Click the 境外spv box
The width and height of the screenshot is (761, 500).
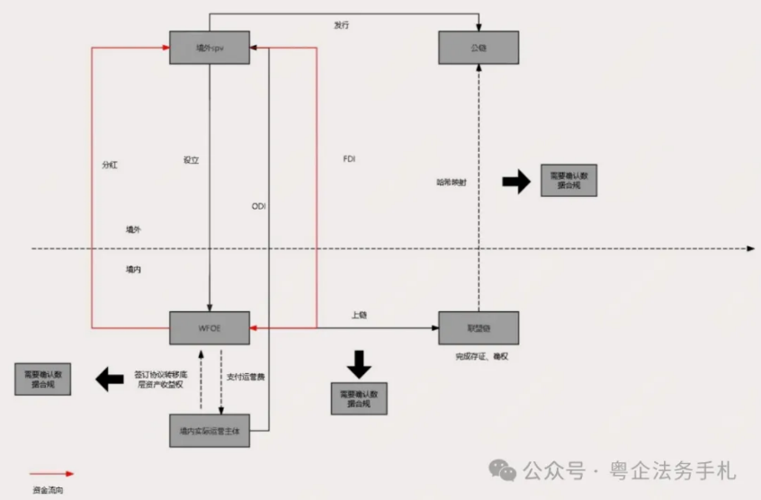[x=209, y=47]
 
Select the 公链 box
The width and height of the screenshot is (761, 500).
[x=479, y=47]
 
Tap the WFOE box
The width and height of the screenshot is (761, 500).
[x=209, y=327]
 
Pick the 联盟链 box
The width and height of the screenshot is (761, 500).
[x=479, y=327]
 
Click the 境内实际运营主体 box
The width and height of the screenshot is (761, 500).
[x=209, y=431]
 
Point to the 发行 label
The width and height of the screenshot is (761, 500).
[x=341, y=25]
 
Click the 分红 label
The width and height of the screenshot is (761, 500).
[x=110, y=165]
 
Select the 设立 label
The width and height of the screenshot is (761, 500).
[x=191, y=161]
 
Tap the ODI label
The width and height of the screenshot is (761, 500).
[x=259, y=207]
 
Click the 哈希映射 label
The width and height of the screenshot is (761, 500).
[x=452, y=183]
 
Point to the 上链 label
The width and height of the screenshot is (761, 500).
[x=358, y=315]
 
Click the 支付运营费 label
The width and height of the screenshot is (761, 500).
[x=245, y=377]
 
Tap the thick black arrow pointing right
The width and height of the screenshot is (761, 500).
[x=516, y=182]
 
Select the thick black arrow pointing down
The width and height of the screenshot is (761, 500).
[x=359, y=363]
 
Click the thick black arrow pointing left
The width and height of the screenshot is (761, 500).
[x=110, y=379]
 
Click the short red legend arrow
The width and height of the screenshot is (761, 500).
[x=51, y=473]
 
